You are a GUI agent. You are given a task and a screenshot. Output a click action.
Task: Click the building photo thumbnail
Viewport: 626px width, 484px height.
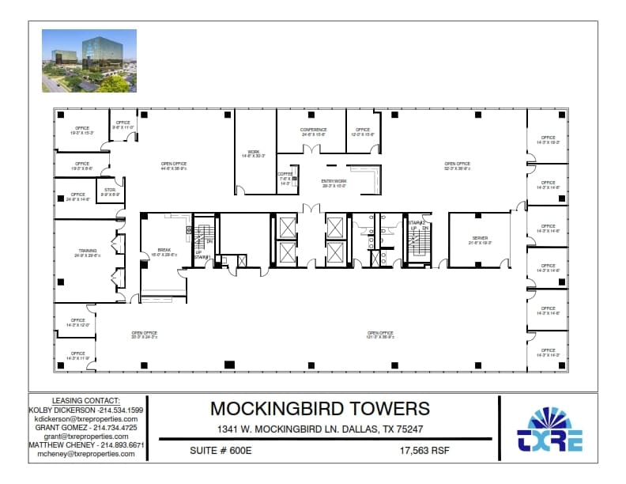(x=89, y=61)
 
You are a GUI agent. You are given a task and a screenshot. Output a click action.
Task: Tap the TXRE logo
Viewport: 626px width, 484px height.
(x=550, y=431)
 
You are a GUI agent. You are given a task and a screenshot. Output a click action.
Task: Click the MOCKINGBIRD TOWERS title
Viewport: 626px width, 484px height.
(x=320, y=408)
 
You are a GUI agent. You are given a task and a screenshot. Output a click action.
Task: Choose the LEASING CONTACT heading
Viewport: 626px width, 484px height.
(x=86, y=401)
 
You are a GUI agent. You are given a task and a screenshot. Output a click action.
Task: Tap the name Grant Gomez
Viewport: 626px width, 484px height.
(x=63, y=427)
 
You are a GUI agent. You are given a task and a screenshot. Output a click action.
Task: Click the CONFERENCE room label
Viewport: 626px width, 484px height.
(x=314, y=130)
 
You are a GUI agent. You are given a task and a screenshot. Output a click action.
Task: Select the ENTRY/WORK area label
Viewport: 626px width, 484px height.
(x=334, y=182)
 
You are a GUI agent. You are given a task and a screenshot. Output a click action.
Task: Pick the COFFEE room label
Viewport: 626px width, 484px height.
(x=285, y=174)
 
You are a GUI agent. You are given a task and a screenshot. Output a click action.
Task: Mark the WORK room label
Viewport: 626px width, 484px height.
(x=254, y=152)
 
